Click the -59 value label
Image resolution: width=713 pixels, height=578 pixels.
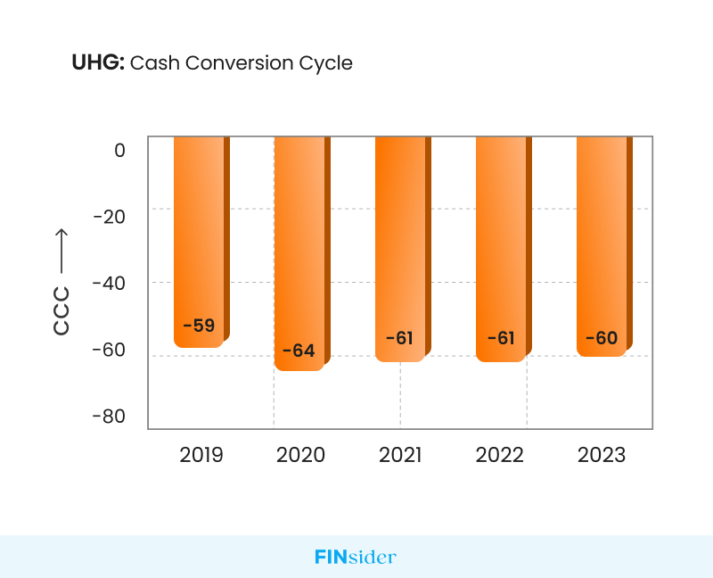199,326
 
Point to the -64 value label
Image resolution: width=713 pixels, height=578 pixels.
299,351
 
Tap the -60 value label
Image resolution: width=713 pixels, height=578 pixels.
602,338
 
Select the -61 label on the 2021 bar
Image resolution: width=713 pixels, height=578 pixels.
400,338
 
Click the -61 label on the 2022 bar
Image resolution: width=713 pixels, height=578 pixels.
501,338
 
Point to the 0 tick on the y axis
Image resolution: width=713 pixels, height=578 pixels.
119,150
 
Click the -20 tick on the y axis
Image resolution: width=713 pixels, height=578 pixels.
110,216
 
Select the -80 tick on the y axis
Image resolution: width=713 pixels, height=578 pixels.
110,417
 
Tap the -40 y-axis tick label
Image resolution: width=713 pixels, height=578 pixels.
110,283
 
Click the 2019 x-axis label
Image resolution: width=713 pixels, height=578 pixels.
201,455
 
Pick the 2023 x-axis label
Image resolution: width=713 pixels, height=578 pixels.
602,455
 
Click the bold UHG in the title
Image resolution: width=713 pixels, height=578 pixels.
98,63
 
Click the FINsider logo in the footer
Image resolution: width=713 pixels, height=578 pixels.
356,557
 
